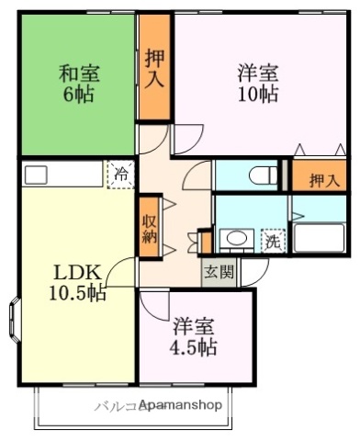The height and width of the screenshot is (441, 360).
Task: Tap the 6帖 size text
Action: point(80,95)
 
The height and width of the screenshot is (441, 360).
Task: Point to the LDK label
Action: point(71,273)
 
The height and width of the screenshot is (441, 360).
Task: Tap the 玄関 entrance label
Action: point(218,271)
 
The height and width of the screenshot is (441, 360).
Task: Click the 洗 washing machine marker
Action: point(272,243)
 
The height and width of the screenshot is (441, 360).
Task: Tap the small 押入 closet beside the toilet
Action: point(321,179)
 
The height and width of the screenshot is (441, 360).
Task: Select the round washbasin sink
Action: point(236,240)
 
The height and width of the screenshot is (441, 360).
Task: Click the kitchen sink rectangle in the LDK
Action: point(37,175)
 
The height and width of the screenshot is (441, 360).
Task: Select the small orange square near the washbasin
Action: point(205,242)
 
